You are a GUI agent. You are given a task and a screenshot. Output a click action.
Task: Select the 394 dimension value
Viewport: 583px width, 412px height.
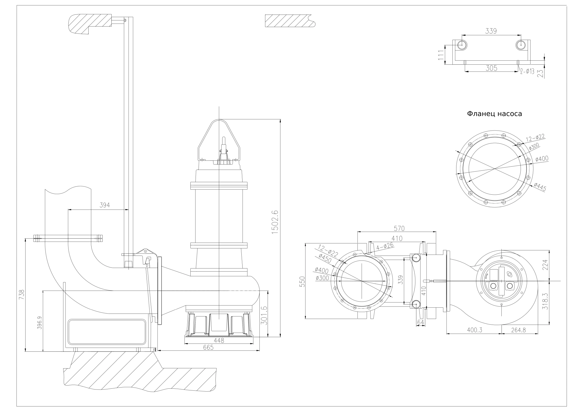click(105, 205)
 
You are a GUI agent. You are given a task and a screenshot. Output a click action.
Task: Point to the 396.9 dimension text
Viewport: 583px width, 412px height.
click(40, 323)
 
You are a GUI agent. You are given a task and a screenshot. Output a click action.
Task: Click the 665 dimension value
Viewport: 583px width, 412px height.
click(208, 347)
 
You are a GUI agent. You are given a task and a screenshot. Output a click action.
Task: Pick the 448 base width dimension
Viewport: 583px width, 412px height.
click(219, 340)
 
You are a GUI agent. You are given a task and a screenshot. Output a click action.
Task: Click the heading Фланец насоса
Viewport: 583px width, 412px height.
click(494, 114)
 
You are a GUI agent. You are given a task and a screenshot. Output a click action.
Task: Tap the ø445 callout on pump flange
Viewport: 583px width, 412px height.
click(540, 187)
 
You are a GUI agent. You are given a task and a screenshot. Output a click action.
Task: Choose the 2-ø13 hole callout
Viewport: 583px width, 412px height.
click(527, 71)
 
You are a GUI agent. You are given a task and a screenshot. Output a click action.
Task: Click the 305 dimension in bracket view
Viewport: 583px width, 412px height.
click(491, 68)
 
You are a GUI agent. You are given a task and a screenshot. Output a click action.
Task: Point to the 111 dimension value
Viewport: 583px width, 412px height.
click(440, 55)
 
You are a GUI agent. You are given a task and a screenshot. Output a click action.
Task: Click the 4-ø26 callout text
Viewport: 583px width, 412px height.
click(385, 247)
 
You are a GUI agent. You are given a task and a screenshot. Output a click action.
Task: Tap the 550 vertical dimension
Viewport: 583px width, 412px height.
click(302, 282)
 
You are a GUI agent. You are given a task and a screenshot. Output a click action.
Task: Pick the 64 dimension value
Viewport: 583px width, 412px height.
click(420, 322)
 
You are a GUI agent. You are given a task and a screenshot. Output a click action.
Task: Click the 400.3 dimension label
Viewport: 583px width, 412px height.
click(474, 330)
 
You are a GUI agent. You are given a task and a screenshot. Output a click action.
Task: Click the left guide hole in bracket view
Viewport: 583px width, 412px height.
click(462, 45)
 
